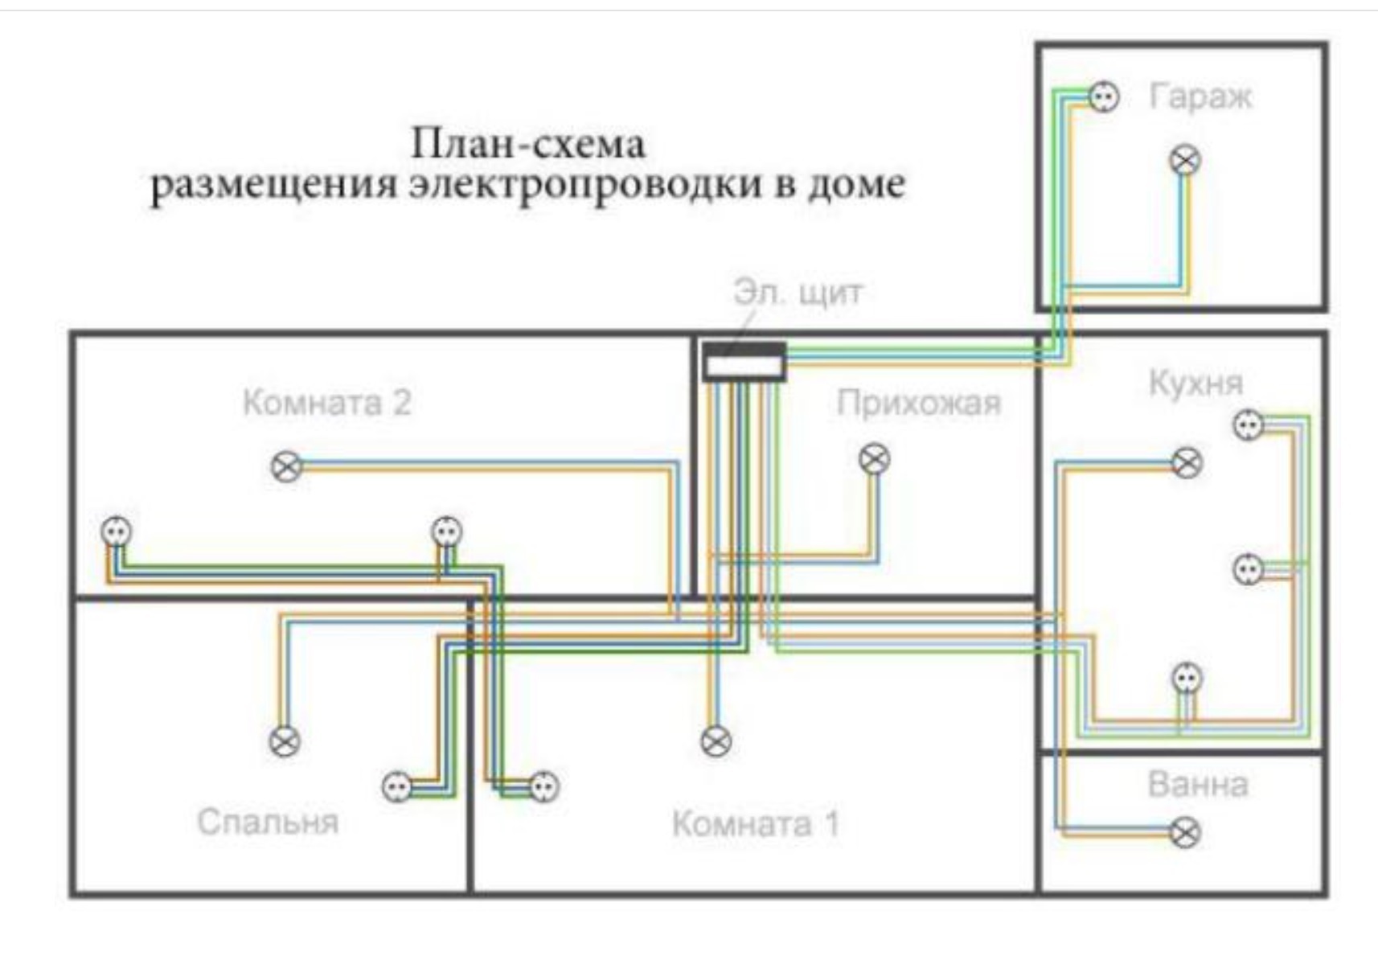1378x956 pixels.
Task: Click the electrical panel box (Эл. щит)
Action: coord(744,362)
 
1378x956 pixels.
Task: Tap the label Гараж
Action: coord(1200,96)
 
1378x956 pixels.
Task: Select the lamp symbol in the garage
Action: coord(1185,161)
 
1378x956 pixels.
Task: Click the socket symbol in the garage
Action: coord(1104,97)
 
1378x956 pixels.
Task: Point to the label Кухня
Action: coord(1196,383)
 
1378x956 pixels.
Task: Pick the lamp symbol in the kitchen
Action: coord(1187,462)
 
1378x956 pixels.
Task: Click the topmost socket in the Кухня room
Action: coord(1249,425)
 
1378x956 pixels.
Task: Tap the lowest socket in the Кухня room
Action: coord(1187,678)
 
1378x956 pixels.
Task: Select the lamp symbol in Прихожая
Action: coord(874,459)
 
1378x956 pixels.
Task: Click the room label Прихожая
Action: coord(919,404)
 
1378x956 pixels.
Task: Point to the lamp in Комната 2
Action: coord(286,467)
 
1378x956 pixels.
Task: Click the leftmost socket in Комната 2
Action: coord(117,531)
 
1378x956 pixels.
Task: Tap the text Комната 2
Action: coord(327,403)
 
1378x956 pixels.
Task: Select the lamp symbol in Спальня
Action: coord(285,742)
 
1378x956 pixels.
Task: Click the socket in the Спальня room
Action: coord(397,787)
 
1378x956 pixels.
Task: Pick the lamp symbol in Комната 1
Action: coord(716,741)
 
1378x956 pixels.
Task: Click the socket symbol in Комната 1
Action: coord(544,787)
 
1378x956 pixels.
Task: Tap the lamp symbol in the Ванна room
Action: coord(1185,833)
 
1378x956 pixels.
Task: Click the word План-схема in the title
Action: coord(528,144)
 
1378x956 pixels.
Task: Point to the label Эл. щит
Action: coord(798,293)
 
